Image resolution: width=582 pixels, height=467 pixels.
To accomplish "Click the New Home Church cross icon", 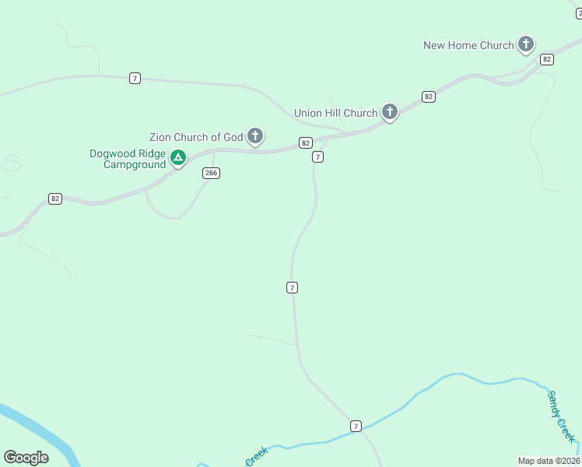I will tap(526, 44).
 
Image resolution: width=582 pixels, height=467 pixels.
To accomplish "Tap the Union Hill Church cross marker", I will tap(390, 112).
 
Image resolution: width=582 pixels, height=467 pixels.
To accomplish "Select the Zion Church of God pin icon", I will tap(254, 136).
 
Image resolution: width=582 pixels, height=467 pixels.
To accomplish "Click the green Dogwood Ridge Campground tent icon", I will tap(178, 159).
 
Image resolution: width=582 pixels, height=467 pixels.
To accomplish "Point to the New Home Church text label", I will tap(468, 45).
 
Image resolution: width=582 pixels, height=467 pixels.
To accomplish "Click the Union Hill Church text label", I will tap(335, 113).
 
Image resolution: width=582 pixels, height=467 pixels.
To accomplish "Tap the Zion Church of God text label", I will tap(196, 137).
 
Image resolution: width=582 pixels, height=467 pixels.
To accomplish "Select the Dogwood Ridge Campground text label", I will tap(128, 159).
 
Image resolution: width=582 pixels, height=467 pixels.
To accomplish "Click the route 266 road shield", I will tap(210, 173).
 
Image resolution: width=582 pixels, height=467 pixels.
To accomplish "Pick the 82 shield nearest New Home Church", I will tap(547, 59).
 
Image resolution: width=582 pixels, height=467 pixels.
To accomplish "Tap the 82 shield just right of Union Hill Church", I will tap(429, 97).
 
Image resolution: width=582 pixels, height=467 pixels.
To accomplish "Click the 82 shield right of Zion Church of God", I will tap(305, 142).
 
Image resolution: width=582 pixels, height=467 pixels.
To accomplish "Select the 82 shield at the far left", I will tap(54, 198).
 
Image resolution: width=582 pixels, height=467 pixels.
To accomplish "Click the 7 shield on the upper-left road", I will tap(135, 78).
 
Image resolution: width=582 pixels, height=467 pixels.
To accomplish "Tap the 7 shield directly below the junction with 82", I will tap(317, 157).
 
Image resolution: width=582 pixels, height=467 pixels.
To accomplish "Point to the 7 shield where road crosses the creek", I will tap(356, 426).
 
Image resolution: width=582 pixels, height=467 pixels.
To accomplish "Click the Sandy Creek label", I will tap(561, 416).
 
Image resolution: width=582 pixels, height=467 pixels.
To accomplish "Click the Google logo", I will tap(26, 458).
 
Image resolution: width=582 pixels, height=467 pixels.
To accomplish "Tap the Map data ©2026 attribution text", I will tap(549, 460).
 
